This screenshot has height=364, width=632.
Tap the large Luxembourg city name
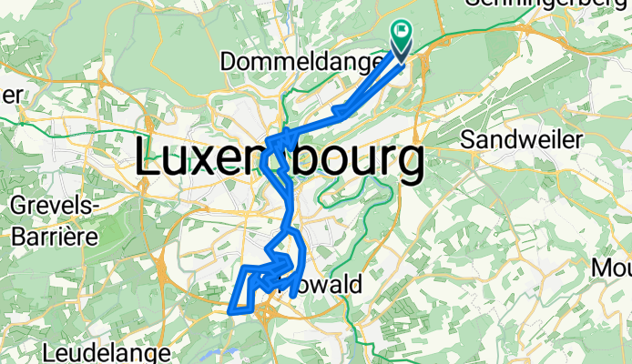click(x=280, y=161)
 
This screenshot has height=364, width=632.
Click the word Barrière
click(x=55, y=236)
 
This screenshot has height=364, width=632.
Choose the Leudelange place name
click(x=107, y=350)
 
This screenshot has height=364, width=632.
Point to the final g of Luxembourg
click(x=407, y=166)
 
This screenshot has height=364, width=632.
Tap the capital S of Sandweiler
click(x=470, y=139)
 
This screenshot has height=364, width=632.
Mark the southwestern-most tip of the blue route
click(x=229, y=310)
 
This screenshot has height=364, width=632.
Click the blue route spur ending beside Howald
click(x=292, y=296)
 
